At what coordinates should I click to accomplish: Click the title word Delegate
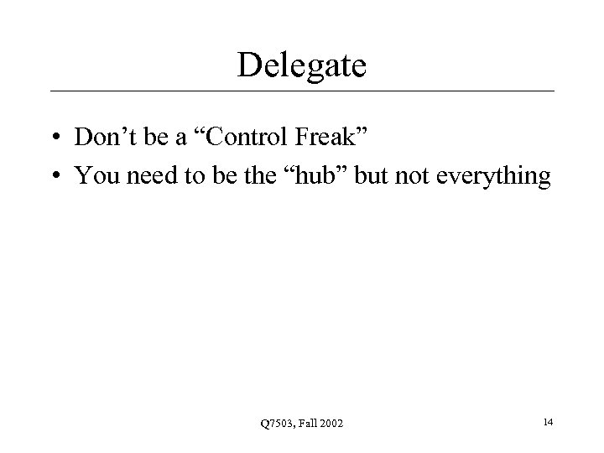point(302,65)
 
